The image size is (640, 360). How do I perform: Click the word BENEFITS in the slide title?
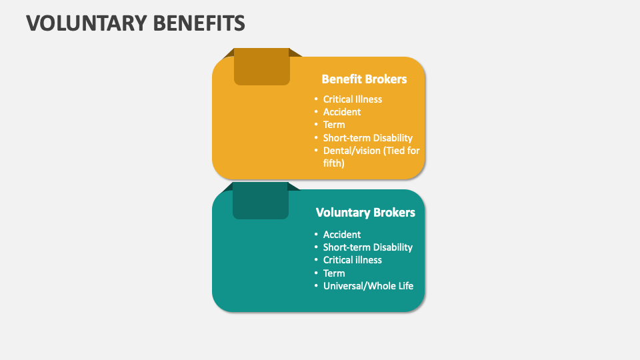click(199, 23)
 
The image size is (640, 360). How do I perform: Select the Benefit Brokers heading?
click(364, 79)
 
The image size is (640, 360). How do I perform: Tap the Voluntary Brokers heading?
click(365, 212)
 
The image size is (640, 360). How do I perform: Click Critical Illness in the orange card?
click(353, 99)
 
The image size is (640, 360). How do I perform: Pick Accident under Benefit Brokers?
click(342, 112)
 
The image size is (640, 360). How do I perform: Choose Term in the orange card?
click(334, 125)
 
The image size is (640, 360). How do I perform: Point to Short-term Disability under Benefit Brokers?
click(368, 138)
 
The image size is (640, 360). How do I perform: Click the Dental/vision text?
click(351, 151)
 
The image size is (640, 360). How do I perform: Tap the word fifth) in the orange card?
click(333, 163)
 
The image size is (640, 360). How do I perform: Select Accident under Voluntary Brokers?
click(342, 235)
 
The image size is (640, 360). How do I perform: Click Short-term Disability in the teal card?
click(368, 247)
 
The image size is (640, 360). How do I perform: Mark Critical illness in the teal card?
click(353, 260)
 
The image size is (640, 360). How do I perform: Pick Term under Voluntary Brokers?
click(334, 273)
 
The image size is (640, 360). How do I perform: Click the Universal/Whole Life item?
click(368, 286)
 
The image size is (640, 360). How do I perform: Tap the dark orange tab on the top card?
click(261, 69)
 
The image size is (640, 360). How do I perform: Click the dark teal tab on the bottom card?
click(261, 203)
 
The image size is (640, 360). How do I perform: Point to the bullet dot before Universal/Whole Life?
click(316, 287)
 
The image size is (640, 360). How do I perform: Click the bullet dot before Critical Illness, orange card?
click(316, 99)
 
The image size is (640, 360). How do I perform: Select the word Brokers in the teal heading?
click(394, 212)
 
